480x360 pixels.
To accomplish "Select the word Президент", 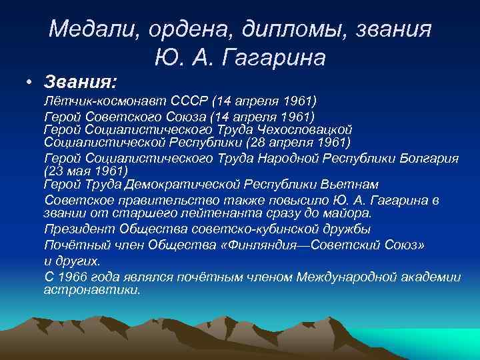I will click(x=79, y=229).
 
